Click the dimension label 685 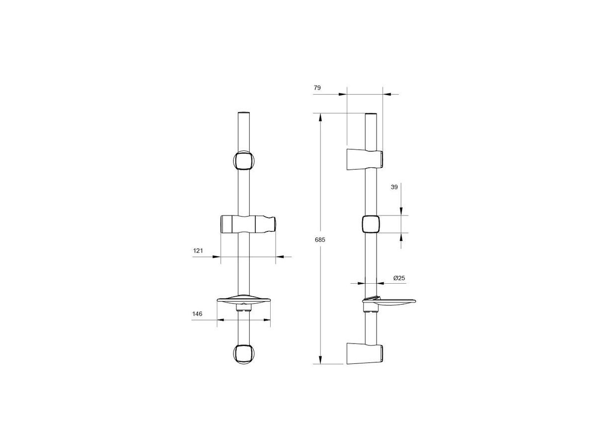[320, 240]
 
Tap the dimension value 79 [317, 88]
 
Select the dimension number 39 [394, 187]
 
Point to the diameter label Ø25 [399, 278]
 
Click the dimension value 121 [198, 251]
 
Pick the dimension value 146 [197, 314]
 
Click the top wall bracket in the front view [244, 160]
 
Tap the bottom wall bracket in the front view [244, 354]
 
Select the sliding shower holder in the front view [248, 224]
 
